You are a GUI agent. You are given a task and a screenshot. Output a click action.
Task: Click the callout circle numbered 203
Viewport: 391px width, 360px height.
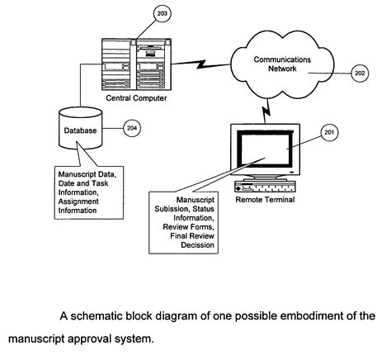coord(163,13)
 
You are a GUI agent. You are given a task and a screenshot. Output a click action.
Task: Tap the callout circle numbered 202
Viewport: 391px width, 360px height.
coord(360,73)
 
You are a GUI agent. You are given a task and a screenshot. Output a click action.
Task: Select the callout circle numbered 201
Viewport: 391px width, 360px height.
coord(329,132)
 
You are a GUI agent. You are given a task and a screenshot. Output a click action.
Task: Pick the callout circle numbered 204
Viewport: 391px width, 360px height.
coord(132,128)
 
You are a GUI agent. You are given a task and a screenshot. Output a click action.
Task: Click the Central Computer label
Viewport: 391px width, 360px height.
coord(136,98)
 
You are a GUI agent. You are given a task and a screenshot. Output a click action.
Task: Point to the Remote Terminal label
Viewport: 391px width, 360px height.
coord(265,200)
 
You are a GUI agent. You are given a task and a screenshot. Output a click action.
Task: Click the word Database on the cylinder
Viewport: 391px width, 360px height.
coord(80,130)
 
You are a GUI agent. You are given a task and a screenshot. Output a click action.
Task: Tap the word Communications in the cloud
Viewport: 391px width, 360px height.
coord(282,59)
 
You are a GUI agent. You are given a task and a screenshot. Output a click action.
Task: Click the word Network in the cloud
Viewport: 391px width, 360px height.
coord(282,69)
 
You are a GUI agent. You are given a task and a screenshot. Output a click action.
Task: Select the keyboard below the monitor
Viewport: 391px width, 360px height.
coord(265,187)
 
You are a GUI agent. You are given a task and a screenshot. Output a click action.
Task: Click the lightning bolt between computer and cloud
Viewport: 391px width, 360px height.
coord(201,64)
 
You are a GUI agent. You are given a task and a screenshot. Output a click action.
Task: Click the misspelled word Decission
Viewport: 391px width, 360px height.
coord(197,245)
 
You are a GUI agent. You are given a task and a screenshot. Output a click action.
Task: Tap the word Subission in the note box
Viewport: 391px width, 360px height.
coord(172,209)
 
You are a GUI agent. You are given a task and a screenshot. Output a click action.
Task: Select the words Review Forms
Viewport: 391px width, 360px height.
coord(188,227)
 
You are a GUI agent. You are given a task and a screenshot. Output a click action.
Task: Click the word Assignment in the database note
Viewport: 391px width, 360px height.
coord(78,201)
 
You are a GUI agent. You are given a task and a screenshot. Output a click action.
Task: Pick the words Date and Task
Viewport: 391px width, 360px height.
coord(83,183)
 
